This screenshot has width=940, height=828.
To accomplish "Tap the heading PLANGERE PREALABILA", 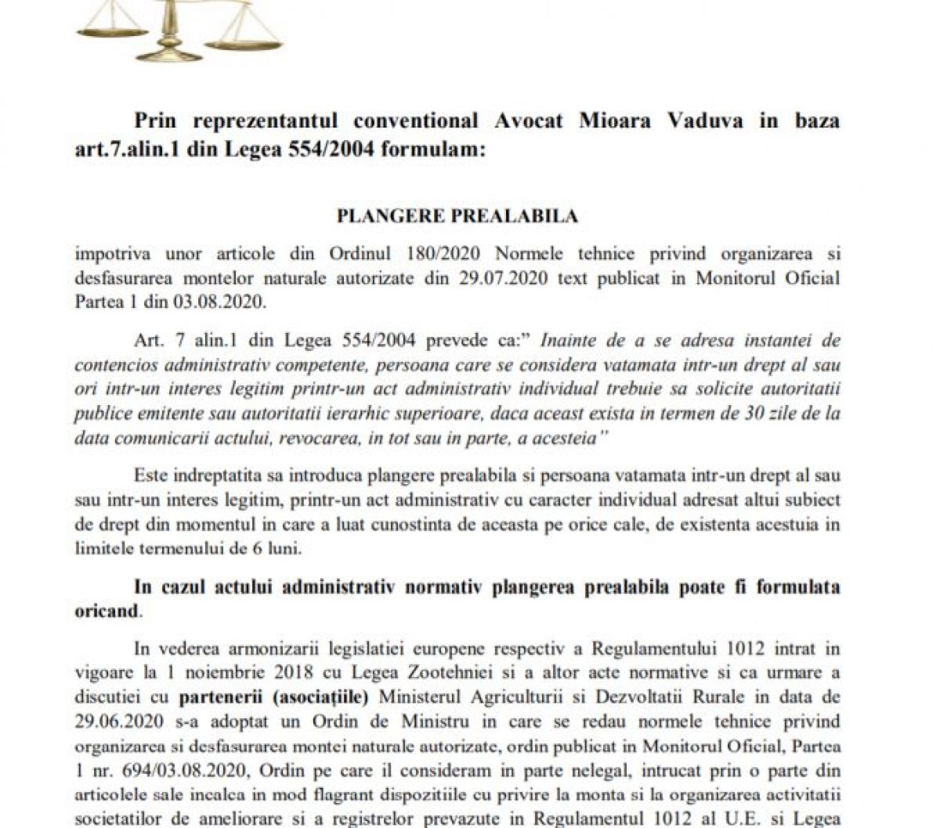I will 457,216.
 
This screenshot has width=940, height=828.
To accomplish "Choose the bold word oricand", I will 106,610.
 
